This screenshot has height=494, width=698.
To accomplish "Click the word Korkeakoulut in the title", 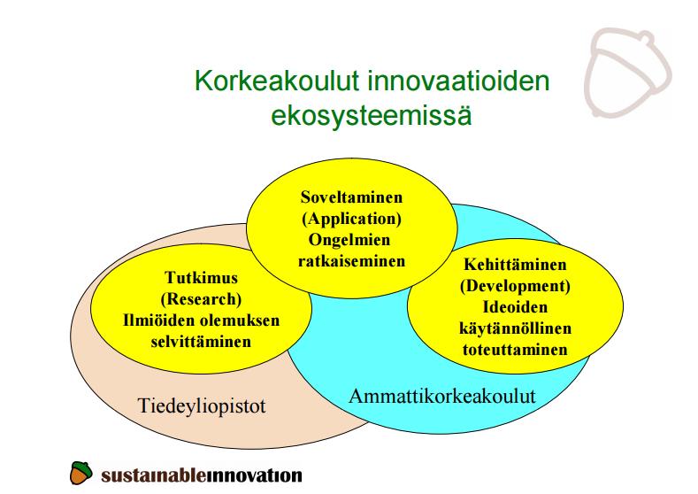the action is tap(277, 81).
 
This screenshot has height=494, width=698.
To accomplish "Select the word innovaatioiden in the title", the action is tap(458, 81).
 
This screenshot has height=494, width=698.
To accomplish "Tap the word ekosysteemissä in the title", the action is tap(372, 115).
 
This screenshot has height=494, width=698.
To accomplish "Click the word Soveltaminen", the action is tap(352, 197).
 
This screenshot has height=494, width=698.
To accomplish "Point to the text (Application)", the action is tap(352, 219).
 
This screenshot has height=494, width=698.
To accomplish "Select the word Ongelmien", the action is tap(349, 240).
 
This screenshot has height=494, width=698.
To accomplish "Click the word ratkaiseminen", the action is tap(352, 261).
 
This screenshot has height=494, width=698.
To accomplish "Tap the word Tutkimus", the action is tap(201, 277).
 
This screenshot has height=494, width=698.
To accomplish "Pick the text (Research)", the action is tap(201, 299).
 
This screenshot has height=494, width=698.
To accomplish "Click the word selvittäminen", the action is tap(201, 342).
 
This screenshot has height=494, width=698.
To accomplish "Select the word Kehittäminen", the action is tap(515, 264).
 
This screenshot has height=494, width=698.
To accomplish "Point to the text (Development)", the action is tap(515, 286).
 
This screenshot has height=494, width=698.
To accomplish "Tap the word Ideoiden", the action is tap(515, 307).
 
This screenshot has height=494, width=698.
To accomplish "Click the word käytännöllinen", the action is tap(515, 328).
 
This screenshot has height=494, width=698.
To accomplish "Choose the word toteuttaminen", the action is tap(515, 350).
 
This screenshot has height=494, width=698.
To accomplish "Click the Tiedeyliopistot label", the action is tap(202, 405).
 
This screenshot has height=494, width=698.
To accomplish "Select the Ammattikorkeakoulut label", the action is tap(442, 396).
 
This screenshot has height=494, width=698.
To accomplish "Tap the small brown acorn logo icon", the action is tap(81, 473).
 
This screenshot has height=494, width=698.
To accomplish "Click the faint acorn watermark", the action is tap(627, 73).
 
